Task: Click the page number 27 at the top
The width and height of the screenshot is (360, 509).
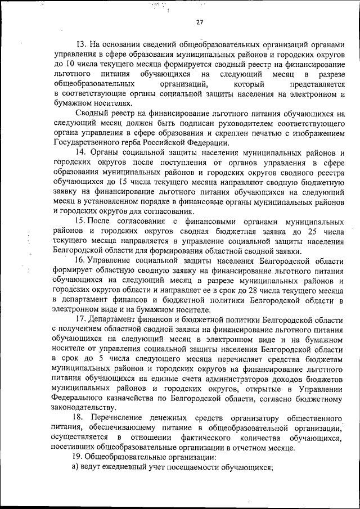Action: point(200,22)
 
